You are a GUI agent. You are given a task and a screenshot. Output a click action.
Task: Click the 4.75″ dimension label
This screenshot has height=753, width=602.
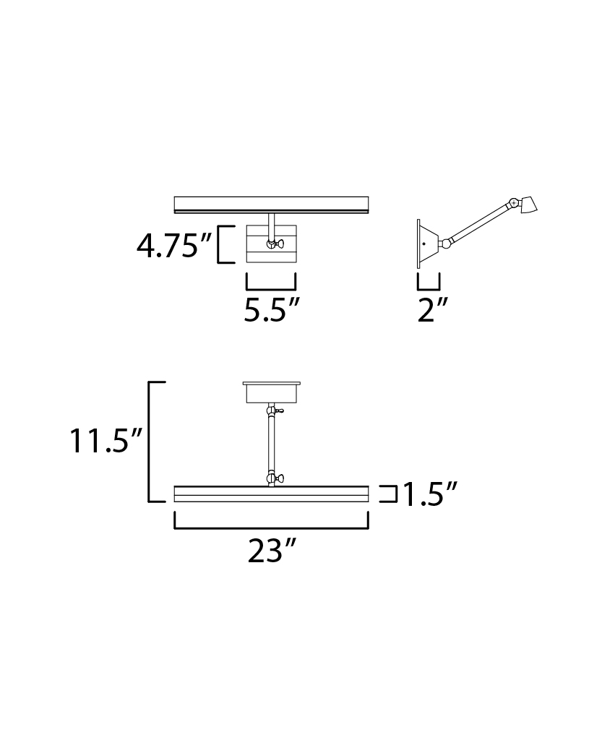coord(174,246)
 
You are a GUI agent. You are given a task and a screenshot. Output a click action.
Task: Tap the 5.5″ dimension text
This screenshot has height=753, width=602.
coord(272,310)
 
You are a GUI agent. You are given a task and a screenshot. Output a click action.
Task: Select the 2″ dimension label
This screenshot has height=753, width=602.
coord(433,310)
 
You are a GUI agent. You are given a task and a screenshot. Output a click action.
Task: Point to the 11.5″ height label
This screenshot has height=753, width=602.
coord(106,440)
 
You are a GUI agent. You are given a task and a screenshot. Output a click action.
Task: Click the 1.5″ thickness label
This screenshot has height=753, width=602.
coord(429,494)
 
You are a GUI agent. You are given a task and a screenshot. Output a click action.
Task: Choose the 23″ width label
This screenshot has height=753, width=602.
coord(272,551)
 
